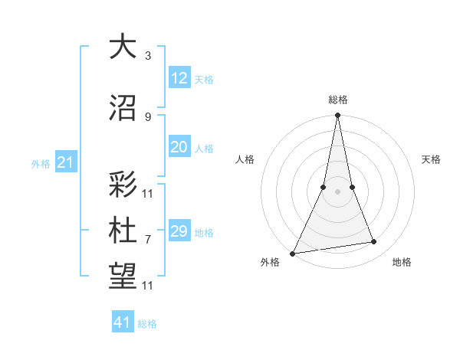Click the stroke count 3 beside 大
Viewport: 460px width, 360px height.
147,56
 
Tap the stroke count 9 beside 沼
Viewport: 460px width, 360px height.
147,116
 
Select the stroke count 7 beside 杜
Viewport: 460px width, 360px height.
147,239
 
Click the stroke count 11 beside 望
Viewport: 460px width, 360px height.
149,286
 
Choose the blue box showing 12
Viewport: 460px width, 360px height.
179,78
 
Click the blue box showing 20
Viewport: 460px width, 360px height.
179,148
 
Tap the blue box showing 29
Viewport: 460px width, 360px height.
179,231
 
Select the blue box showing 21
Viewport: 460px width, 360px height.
65,162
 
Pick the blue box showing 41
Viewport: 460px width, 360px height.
123,322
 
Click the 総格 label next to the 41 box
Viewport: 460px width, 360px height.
147,324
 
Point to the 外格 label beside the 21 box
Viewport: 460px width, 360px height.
41,164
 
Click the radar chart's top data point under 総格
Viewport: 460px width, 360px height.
337,116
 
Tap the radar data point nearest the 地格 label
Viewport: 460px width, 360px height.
374,242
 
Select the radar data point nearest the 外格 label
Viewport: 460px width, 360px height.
292,254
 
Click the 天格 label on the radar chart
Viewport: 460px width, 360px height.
432,159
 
